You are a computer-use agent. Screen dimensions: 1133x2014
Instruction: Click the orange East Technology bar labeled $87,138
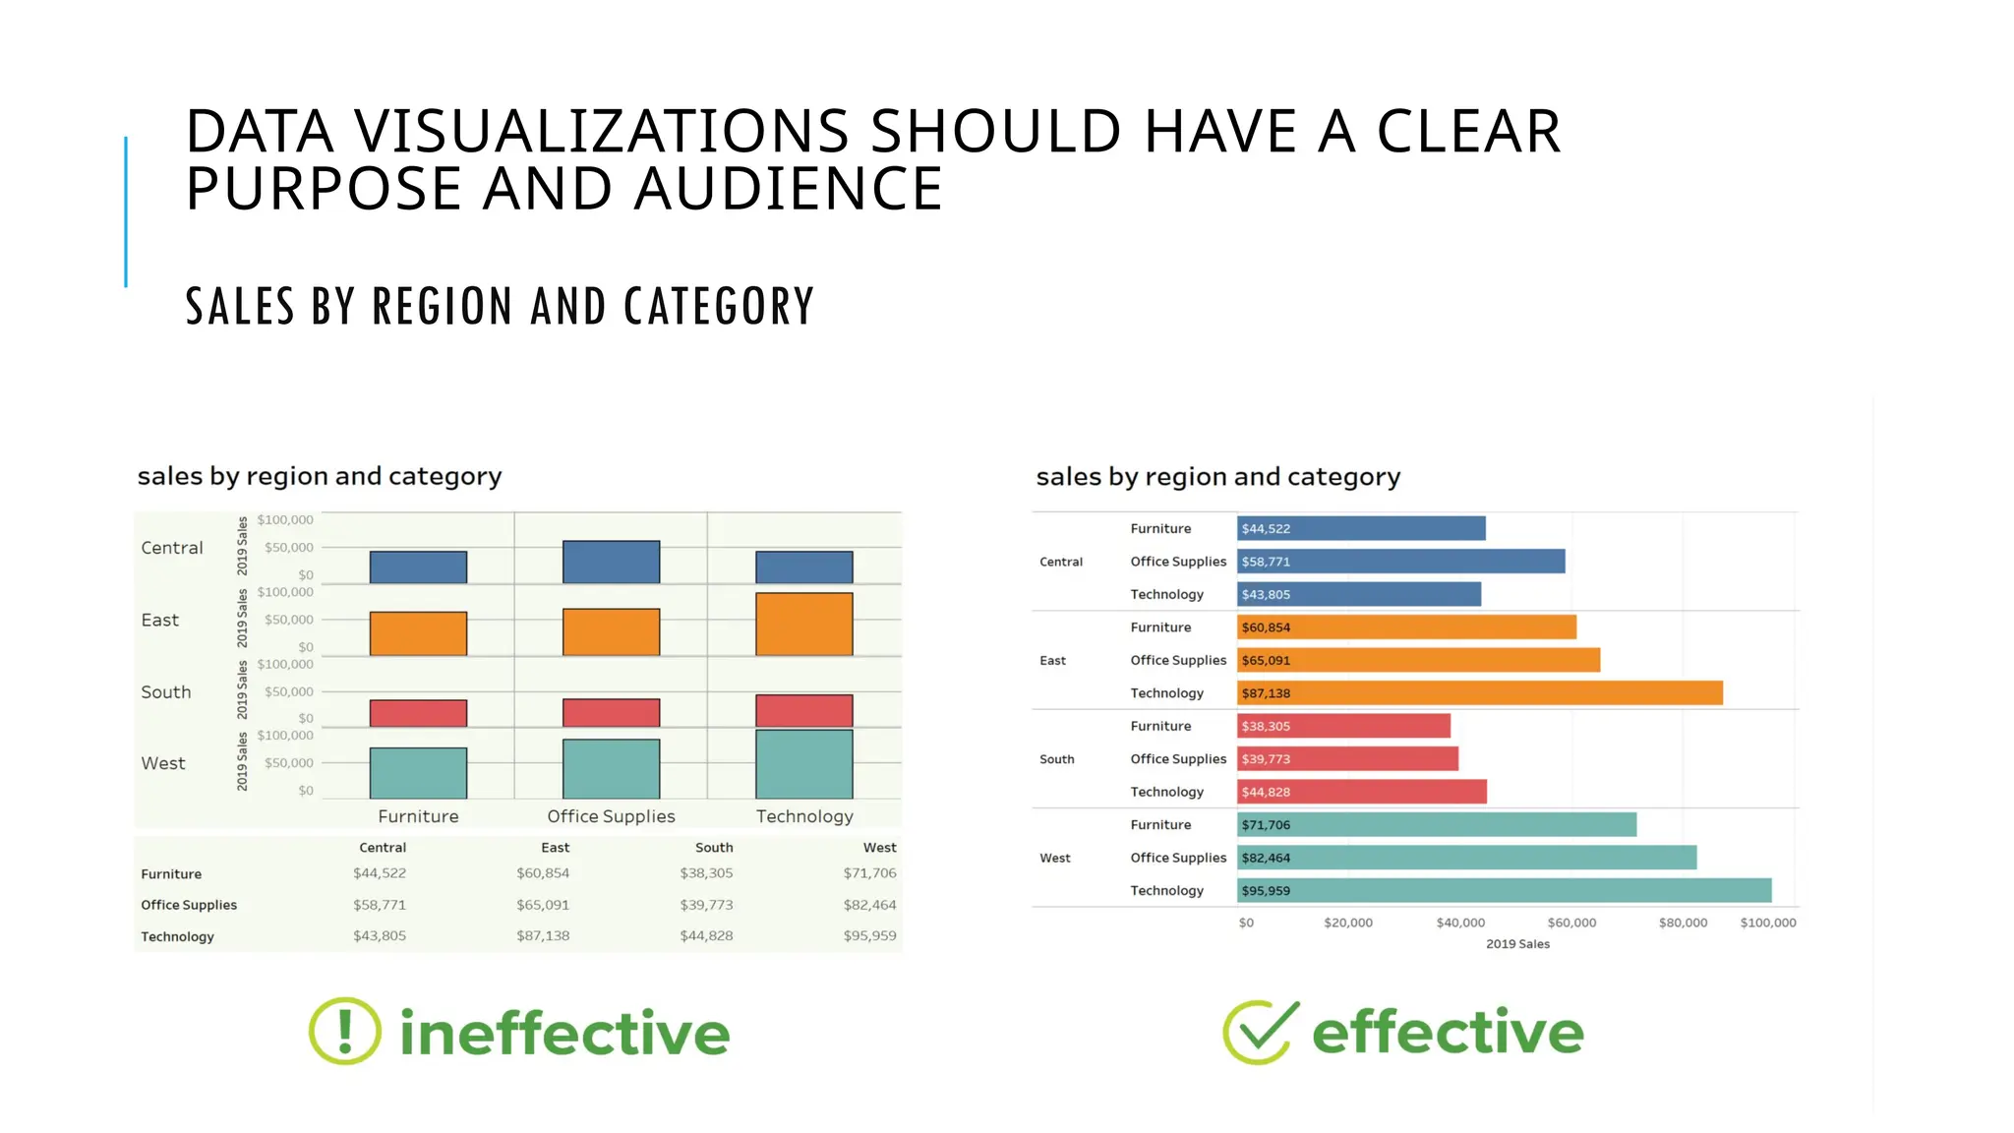(x=1479, y=693)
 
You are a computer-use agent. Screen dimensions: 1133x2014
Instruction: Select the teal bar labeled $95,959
(x=1504, y=891)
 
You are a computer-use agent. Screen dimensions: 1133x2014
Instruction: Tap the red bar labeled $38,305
(x=1343, y=727)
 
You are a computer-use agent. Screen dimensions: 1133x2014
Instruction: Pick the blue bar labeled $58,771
(x=1400, y=562)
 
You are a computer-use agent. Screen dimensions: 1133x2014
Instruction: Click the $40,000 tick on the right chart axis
(x=1460, y=923)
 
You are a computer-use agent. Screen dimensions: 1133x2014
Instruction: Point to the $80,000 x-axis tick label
(x=1683, y=923)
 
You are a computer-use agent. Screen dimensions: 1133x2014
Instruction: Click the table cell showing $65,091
(x=543, y=905)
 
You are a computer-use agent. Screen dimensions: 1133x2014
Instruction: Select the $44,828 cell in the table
(x=706, y=936)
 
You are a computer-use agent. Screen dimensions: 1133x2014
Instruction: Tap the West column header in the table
(x=879, y=848)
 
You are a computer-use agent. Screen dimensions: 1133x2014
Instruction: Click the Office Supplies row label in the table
(x=189, y=905)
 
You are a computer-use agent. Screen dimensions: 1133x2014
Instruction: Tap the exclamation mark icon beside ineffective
(x=344, y=1032)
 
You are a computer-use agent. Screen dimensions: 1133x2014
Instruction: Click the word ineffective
(x=564, y=1034)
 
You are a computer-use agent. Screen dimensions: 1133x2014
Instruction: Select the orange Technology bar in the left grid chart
(x=803, y=625)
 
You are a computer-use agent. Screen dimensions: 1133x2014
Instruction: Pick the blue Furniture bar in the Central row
(x=418, y=567)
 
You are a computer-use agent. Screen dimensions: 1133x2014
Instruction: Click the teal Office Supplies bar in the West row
(x=611, y=769)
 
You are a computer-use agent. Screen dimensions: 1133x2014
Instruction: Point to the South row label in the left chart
(x=166, y=692)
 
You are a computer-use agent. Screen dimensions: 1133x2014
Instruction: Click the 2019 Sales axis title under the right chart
(x=1517, y=944)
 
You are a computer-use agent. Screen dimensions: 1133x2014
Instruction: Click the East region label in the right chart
(x=1052, y=661)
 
